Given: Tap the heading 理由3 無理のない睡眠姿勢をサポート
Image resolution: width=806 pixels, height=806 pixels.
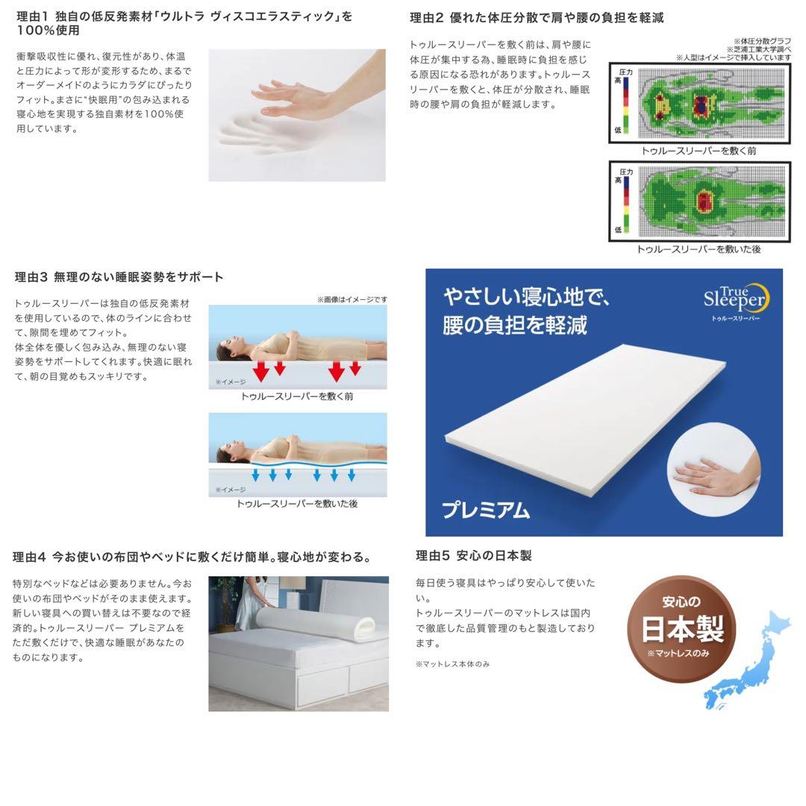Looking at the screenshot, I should (x=119, y=277).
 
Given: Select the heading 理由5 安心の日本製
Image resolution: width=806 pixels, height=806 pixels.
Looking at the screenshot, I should (x=473, y=555).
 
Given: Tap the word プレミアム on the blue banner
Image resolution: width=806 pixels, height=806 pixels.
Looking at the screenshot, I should (x=485, y=510).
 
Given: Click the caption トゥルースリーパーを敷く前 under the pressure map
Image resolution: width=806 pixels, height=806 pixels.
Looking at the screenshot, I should (x=699, y=151).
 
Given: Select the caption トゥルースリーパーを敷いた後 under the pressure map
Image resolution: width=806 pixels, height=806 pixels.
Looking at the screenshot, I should (x=699, y=249).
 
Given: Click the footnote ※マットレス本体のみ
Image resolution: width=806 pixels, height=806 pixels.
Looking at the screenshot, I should (x=452, y=663).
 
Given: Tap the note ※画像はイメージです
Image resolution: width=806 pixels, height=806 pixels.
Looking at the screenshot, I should (x=352, y=299).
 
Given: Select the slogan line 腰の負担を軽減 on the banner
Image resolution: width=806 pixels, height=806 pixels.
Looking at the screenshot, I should (x=515, y=325).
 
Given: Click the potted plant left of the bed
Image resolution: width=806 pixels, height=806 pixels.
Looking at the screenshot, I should (x=222, y=597).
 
